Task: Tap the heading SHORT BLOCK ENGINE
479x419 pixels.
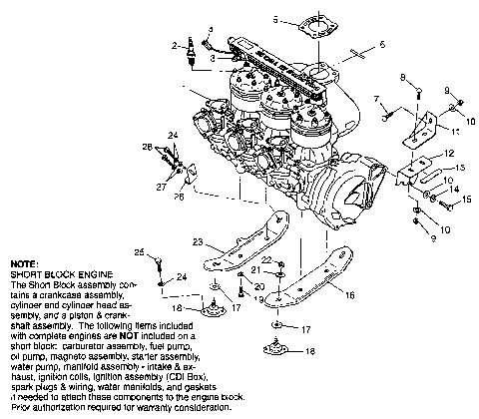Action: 52,272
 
